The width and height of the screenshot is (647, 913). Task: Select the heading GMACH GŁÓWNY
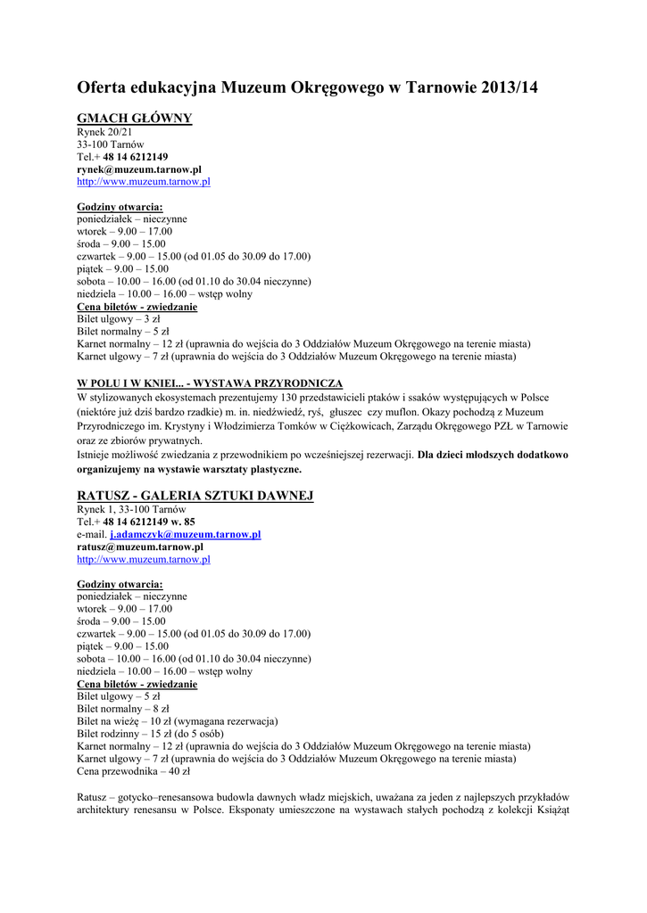(134, 119)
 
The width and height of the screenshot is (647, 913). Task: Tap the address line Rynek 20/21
(104, 132)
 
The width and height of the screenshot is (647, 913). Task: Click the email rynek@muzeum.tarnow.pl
(139, 169)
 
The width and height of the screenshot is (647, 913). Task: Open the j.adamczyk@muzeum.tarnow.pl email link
(185, 534)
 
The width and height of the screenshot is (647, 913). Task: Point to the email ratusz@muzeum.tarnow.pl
(140, 547)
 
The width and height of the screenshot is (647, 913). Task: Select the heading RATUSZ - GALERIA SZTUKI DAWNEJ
(195, 496)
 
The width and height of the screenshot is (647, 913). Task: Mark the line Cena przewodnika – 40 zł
(134, 771)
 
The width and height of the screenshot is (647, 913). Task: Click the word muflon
(402, 412)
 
